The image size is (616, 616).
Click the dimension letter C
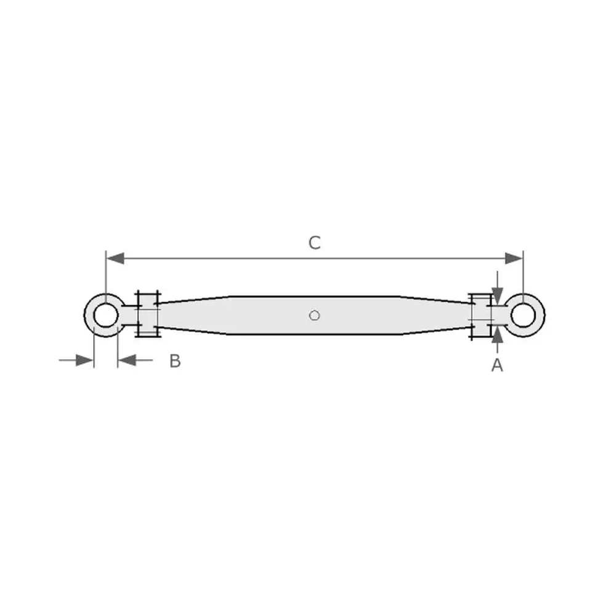tap(314, 243)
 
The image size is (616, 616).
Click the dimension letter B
tap(175, 360)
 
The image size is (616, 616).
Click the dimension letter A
tap(497, 365)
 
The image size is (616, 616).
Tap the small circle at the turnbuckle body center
tap(314, 315)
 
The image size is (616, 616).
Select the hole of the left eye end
tap(106, 315)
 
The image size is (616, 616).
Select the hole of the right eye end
tap(523, 315)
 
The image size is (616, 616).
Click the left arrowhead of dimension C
tap(116, 259)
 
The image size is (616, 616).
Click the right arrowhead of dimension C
tap(514, 259)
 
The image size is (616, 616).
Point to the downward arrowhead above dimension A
tap(497, 296)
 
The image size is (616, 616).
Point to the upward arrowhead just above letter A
tap(497, 334)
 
